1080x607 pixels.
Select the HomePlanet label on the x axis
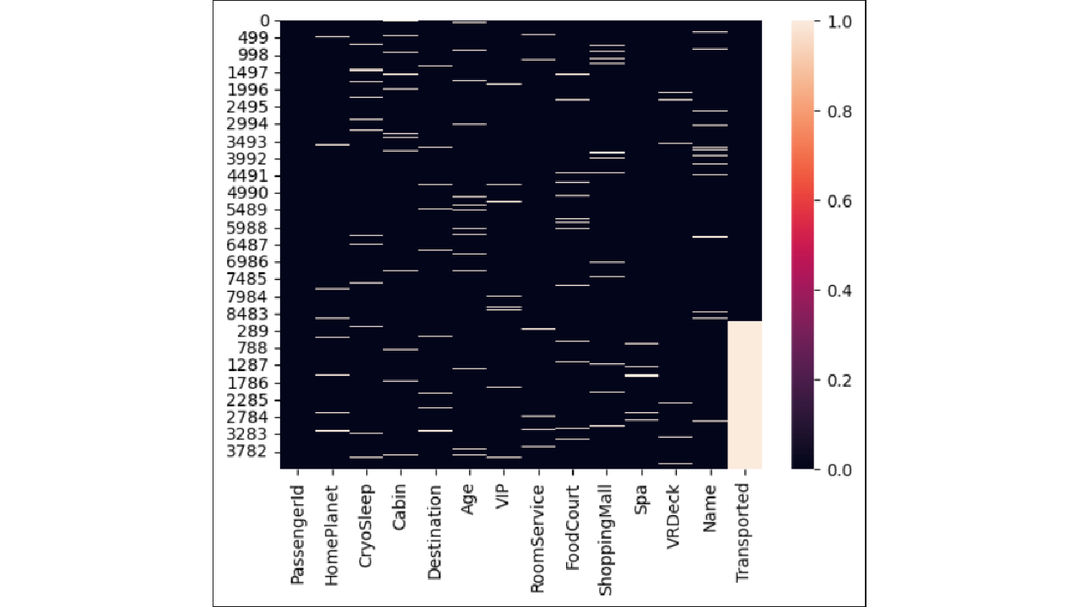pyautogui.click(x=332, y=528)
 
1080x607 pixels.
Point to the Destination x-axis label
pyautogui.click(x=435, y=531)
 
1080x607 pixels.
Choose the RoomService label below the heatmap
pyautogui.click(x=537, y=538)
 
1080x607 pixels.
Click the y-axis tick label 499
pyautogui.click(x=256, y=38)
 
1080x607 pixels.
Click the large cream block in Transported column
pyautogui.click(x=744, y=395)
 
